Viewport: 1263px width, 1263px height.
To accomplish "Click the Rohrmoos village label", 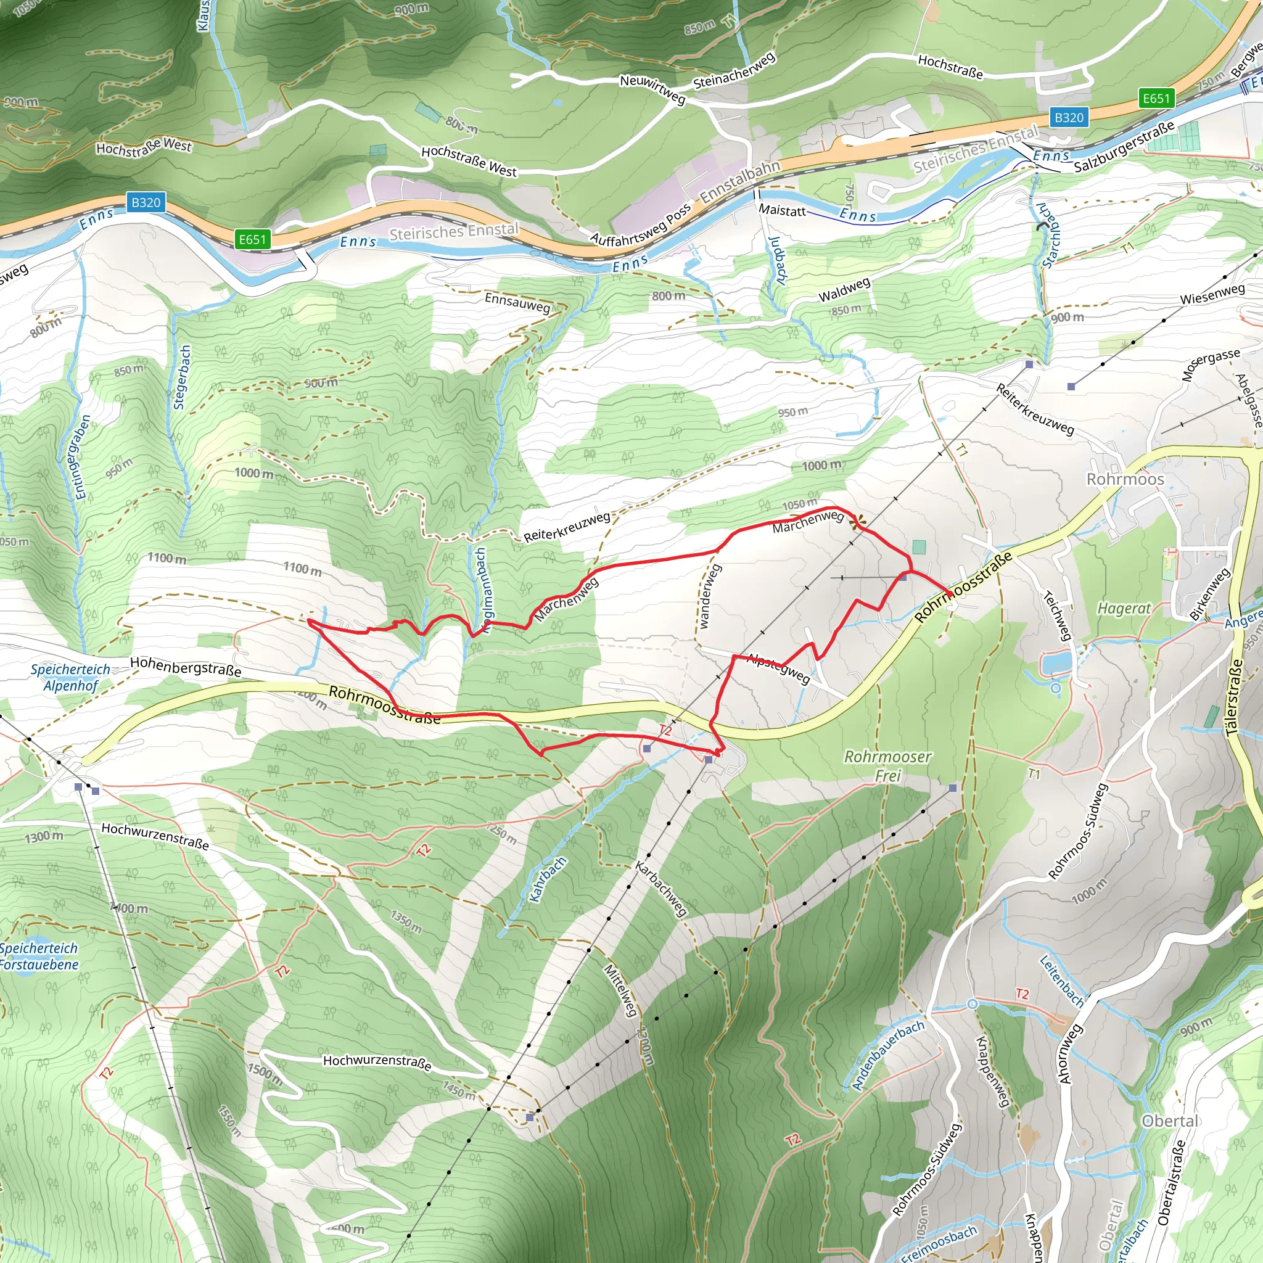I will coord(1124,479).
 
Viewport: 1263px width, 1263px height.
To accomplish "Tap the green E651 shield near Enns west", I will coord(252,239).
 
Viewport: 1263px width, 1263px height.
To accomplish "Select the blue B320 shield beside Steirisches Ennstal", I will coord(1069,118).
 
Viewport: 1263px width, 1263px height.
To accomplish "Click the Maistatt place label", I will coord(782,210).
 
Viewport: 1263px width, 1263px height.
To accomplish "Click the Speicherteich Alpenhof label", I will coord(70,677).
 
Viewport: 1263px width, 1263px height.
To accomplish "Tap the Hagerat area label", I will coord(1124,609).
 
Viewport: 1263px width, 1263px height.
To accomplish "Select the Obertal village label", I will coord(1169,1121).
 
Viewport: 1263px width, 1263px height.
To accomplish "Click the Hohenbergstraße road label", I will coord(186,666).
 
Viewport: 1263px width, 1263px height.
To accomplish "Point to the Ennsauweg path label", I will coord(517,303).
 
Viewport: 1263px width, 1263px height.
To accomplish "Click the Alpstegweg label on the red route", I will coord(779,668).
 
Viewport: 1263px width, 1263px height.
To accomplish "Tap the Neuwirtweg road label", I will coord(652,89).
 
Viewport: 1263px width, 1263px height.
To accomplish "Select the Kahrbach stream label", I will coord(547,879).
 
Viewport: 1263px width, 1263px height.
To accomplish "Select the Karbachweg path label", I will coord(661,889).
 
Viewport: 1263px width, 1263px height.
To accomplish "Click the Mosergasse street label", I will coord(1211,364).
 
